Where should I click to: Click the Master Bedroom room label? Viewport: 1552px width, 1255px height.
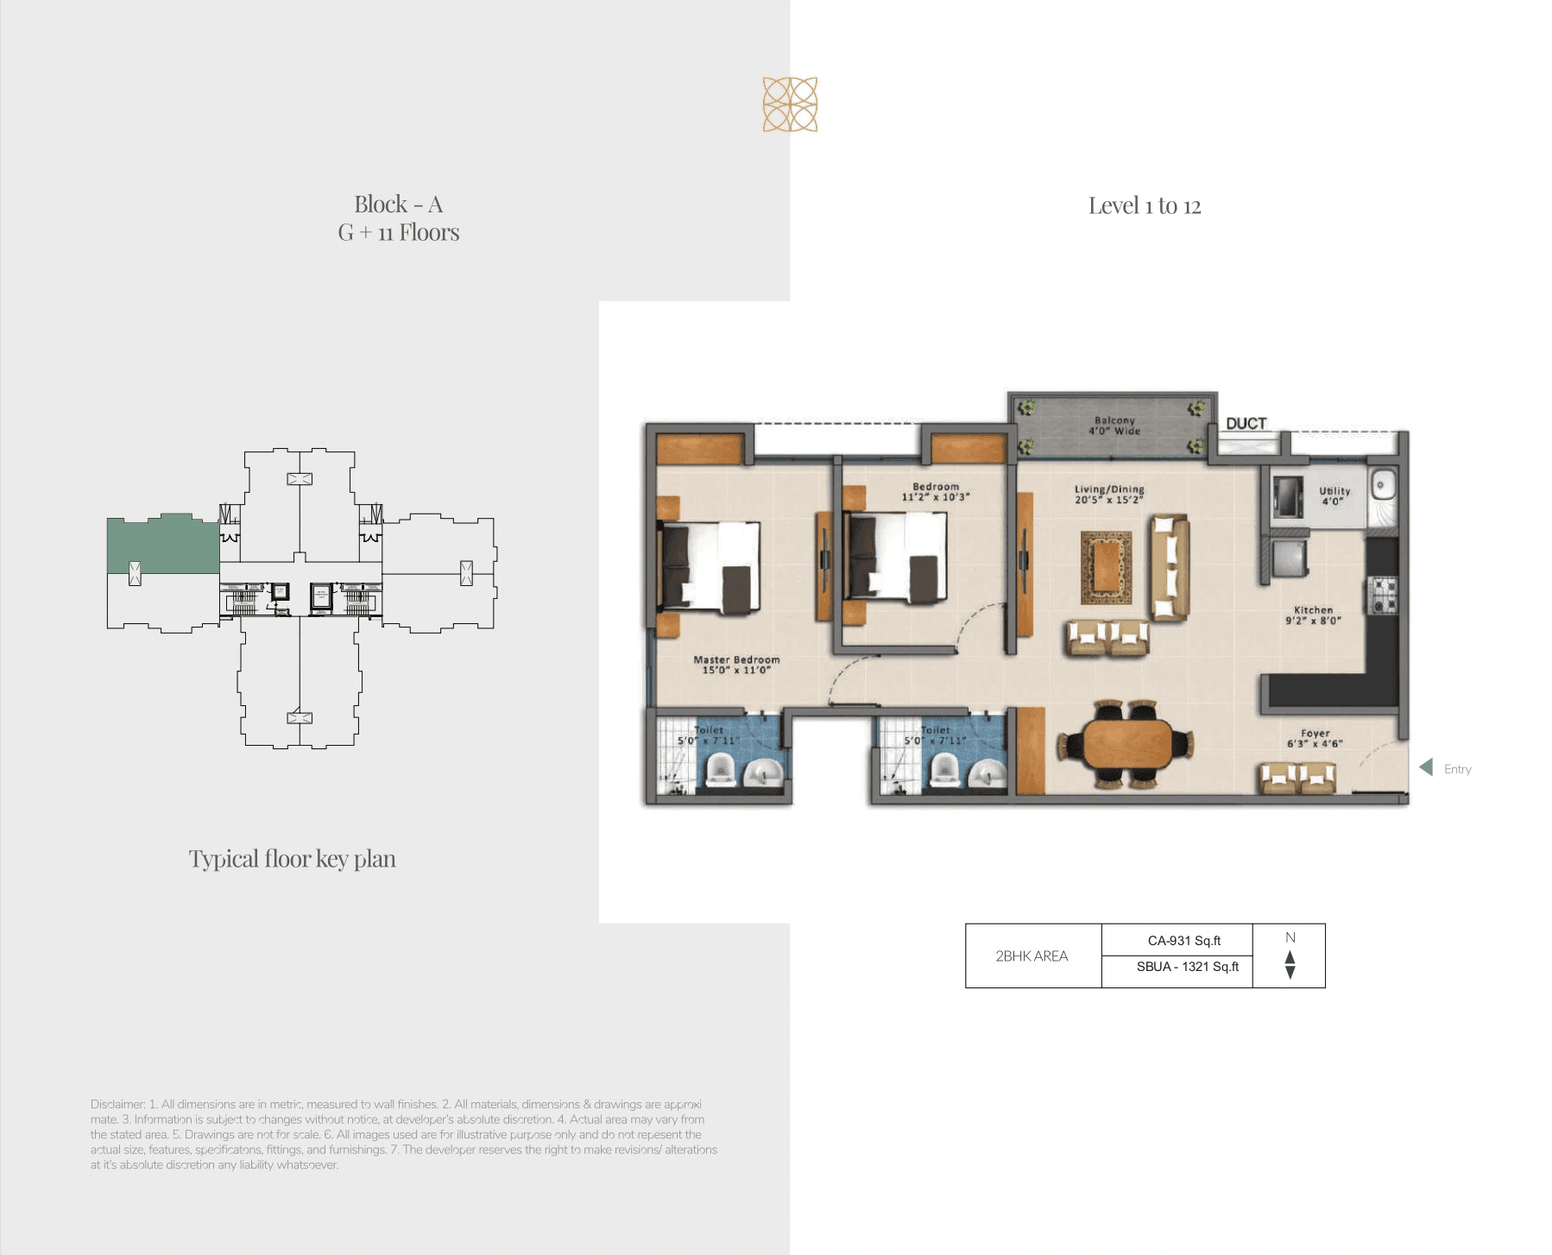pos(736,664)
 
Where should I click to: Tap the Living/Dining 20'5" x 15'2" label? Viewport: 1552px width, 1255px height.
pos(1109,494)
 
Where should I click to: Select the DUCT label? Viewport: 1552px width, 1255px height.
pos(1246,423)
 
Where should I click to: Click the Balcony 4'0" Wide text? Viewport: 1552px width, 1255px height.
pos(1114,426)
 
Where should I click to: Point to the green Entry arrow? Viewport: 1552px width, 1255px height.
pos(1426,766)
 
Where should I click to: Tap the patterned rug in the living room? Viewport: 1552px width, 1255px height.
pos(1106,567)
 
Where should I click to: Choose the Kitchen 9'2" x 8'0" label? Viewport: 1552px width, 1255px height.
pos(1313,615)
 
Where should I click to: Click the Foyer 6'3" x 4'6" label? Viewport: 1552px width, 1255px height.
pos(1315,738)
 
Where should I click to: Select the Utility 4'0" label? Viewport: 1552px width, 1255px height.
pos(1334,495)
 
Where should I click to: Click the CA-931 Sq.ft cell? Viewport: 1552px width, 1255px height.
pos(1183,940)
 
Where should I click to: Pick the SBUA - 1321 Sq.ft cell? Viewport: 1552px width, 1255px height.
pos(1187,967)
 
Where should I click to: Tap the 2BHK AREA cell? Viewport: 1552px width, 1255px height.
pos(1032,955)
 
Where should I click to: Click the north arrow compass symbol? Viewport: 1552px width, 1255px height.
pos(1290,963)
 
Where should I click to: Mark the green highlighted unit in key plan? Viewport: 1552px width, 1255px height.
pos(162,545)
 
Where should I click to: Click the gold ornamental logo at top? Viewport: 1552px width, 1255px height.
pos(790,104)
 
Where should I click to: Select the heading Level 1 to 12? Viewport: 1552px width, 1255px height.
pos(1144,205)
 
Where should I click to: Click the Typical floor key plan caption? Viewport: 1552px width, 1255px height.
pos(292,859)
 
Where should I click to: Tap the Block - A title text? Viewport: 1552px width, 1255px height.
pos(398,204)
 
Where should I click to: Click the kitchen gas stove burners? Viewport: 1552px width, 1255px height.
pos(1384,595)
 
